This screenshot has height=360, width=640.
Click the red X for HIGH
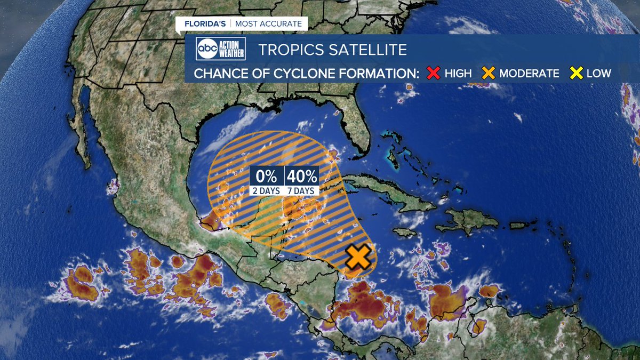coord(434,73)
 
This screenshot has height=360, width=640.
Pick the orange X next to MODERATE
coord(489,73)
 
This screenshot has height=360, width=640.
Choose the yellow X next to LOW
coord(576,73)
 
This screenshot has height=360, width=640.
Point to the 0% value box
coord(267,175)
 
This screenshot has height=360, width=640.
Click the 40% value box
coord(302,175)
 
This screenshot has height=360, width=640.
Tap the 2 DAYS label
coord(267,190)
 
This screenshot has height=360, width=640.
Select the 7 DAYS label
coord(302,190)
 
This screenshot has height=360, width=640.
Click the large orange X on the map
coord(358,257)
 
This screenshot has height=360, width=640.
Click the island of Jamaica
coord(405,232)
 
